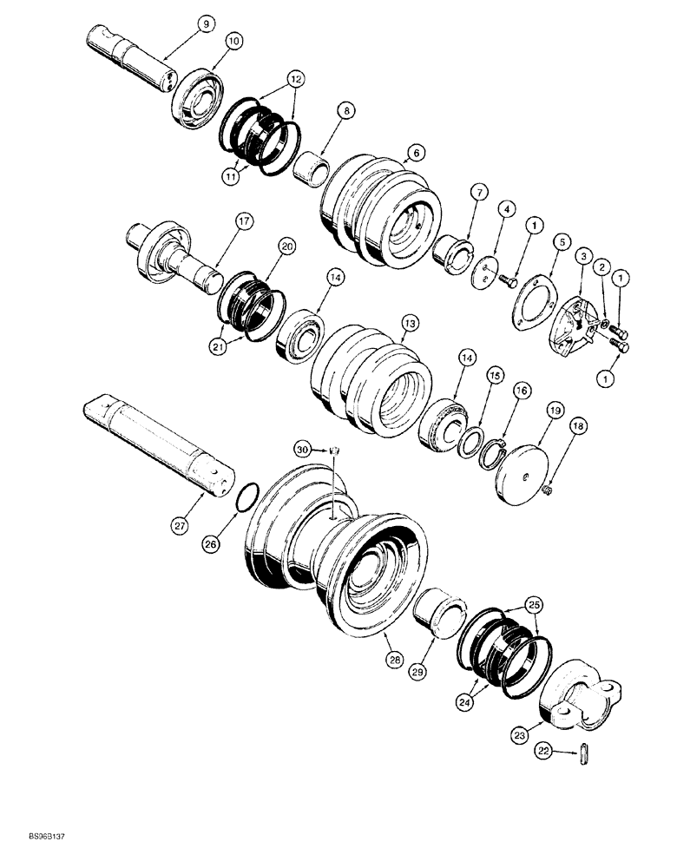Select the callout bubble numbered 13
410,322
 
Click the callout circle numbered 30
302,450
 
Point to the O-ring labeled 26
246,503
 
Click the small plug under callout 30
337,450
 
